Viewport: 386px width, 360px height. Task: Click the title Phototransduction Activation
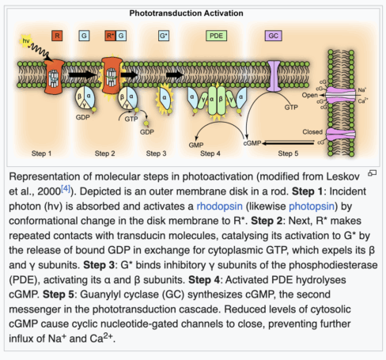pyautogui.click(x=186, y=13)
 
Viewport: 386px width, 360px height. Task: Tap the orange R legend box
pyautogui.click(x=57, y=36)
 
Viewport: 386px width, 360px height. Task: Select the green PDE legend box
pyautogui.click(x=216, y=36)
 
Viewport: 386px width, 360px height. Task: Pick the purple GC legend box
pyautogui.click(x=273, y=36)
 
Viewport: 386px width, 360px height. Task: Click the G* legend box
pyautogui.click(x=164, y=36)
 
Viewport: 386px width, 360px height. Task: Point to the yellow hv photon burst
pyautogui.click(x=26, y=41)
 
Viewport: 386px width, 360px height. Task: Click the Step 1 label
pyautogui.click(x=41, y=153)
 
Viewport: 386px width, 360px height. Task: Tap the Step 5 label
pyautogui.click(x=288, y=153)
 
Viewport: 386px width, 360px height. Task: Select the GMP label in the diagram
pyautogui.click(x=196, y=145)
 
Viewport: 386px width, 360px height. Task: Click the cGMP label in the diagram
pyautogui.click(x=252, y=143)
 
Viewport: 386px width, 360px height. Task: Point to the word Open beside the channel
pyautogui.click(x=310, y=95)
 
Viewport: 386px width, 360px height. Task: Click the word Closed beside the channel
pyautogui.click(x=312, y=131)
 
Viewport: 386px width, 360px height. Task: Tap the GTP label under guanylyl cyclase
pyautogui.click(x=291, y=108)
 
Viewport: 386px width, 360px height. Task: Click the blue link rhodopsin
pyautogui.click(x=219, y=207)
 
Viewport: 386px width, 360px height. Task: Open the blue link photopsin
pyautogui.click(x=312, y=207)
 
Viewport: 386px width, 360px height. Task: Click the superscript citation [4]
pyautogui.click(x=66, y=188)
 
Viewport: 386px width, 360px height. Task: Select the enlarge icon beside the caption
pyautogui.click(x=372, y=173)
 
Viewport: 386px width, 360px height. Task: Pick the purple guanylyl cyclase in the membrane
pyautogui.click(x=274, y=76)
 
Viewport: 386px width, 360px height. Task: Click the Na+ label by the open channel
pyautogui.click(x=362, y=90)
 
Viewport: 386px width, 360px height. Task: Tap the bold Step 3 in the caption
pyautogui.click(x=99, y=265)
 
